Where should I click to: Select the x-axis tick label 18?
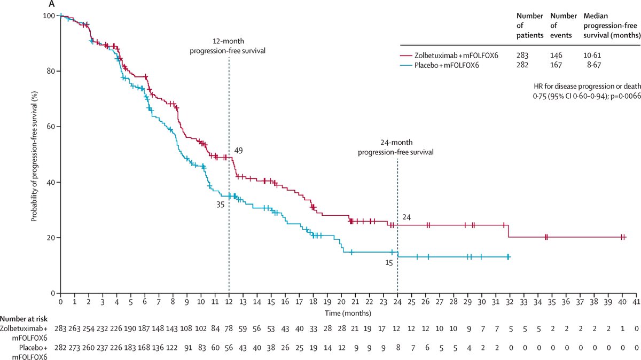pyautogui.click(x=312, y=302)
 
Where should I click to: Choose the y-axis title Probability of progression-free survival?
pyautogui.click(x=34, y=154)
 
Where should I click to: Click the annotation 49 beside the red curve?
pyautogui.click(x=239, y=151)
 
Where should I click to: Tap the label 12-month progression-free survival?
pyautogui.click(x=229, y=46)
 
